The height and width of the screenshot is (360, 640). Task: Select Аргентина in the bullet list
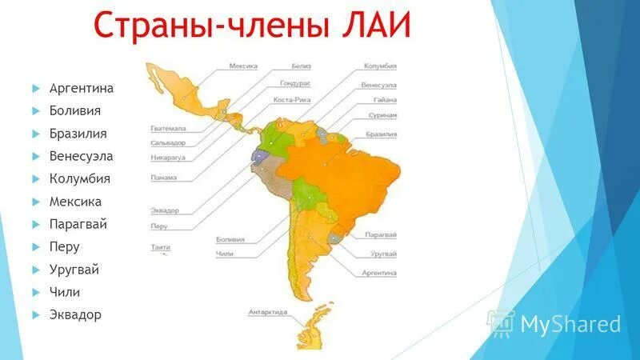pos(81,88)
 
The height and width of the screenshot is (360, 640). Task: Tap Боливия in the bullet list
pos(74,110)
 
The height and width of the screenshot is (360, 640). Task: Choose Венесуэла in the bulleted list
pos(81,156)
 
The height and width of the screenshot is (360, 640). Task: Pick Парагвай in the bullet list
pos(78,224)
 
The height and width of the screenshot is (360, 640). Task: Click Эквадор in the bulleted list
pos(75,314)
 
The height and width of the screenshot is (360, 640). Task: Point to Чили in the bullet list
pos(65,292)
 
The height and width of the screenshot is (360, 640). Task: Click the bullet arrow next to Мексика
pos(37,202)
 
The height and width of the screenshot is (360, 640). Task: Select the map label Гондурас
pos(294,83)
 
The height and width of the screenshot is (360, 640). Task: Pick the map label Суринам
pos(382,115)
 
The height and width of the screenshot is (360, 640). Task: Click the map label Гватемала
pos(167,128)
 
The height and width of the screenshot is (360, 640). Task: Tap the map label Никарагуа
pos(167,157)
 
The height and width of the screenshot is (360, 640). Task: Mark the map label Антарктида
pos(267,312)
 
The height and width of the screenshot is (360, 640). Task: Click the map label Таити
pos(160,248)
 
